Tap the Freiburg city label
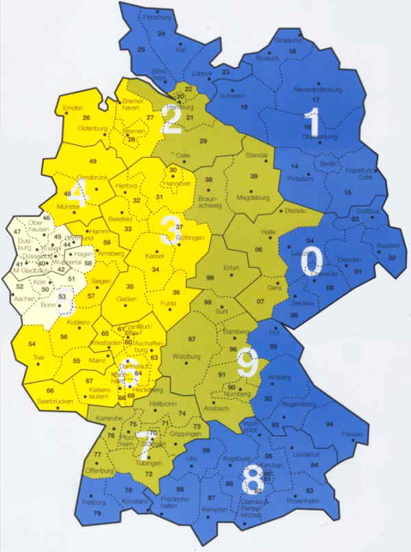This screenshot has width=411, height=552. click(x=91, y=502)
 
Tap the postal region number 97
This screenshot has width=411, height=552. click(x=192, y=340)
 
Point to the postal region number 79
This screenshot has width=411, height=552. click(x=97, y=513)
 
